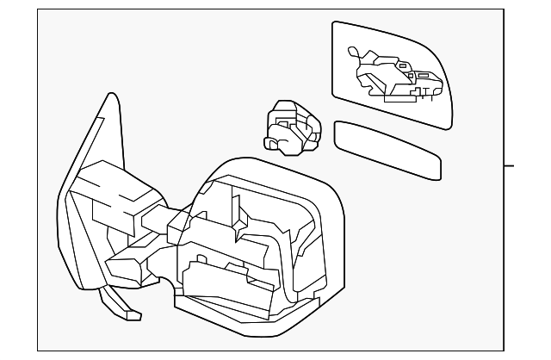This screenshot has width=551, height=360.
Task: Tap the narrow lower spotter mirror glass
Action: coord(387,151)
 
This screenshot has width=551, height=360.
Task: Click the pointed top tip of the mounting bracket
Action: coord(107,96)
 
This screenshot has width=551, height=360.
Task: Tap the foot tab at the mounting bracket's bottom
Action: coord(129,313)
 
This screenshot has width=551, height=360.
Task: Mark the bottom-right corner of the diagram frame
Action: coord(504,349)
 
